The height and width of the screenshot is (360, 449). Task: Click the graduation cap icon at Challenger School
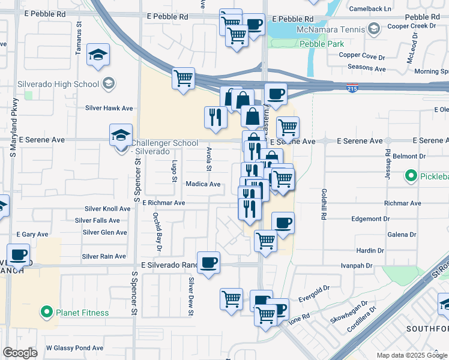point(121,135)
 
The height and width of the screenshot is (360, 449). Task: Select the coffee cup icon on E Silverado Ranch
point(208,262)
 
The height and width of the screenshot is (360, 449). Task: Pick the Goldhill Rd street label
point(324,205)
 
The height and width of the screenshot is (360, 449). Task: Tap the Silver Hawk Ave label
point(109,108)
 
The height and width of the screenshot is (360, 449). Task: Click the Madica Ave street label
point(203,184)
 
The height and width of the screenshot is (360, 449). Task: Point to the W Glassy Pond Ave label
point(74,347)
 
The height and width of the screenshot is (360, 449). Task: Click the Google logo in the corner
point(20,352)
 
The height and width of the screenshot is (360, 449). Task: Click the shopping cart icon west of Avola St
point(183,79)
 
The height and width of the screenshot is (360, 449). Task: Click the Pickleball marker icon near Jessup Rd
point(411,176)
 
